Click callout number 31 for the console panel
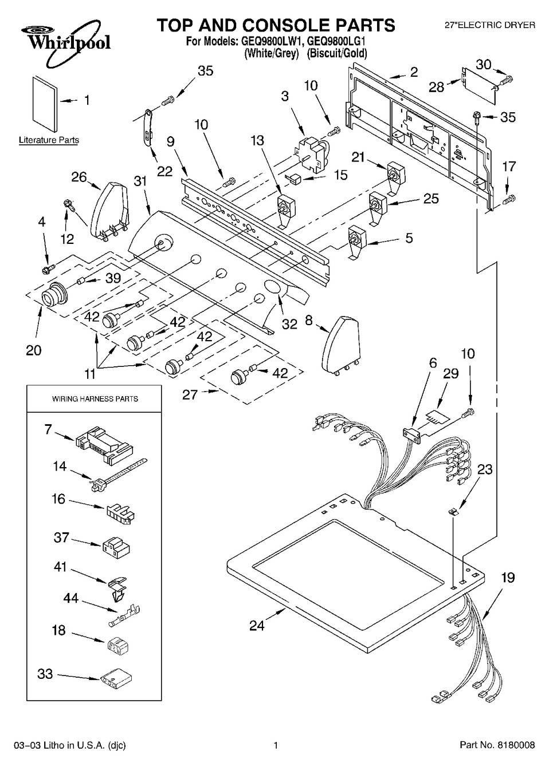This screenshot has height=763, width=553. (140, 181)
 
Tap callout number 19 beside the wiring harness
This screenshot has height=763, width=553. (508, 578)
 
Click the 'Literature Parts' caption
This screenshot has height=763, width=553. (49, 140)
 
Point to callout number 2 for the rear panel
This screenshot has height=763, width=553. (414, 72)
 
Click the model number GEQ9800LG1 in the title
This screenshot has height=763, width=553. (337, 42)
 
